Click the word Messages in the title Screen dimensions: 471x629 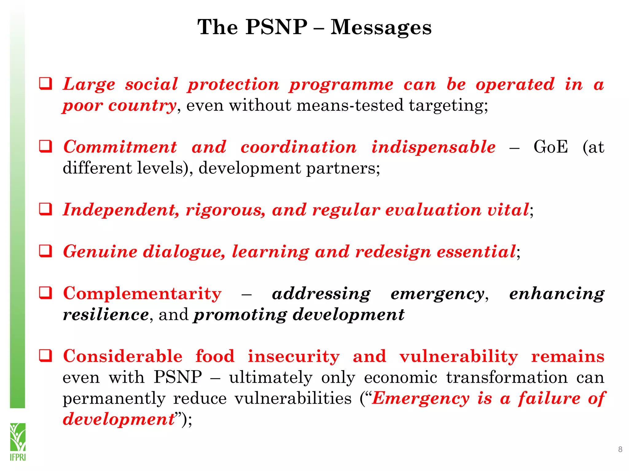click(381, 28)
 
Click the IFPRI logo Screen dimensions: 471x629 click(18, 442)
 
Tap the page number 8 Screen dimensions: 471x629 click(620, 450)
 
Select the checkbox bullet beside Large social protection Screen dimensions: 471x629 click(45, 84)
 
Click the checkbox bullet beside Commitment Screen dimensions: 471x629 click(45, 146)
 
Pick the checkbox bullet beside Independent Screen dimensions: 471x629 click(45, 209)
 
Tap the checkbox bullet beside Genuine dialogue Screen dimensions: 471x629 click(45, 251)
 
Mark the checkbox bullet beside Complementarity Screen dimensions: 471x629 click(45, 293)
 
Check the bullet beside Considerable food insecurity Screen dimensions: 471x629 click(45, 356)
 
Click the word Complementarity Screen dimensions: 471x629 click(142, 293)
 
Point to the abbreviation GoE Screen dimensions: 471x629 click(551, 147)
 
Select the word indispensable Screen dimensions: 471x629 click(433, 147)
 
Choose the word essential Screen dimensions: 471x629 click(476, 252)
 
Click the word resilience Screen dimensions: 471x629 click(106, 315)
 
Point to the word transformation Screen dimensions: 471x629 click(507, 377)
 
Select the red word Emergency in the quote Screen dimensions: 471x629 click(421, 399)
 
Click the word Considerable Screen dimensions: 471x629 click(123, 356)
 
